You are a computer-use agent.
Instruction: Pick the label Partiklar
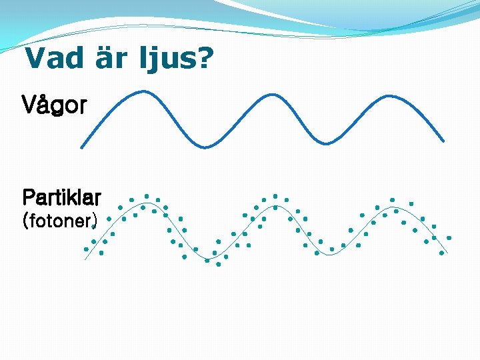[61, 197]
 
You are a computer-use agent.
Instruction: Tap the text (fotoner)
[59, 220]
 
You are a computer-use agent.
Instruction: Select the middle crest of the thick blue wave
[265, 91]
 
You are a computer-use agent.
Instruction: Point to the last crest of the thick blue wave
[385, 91]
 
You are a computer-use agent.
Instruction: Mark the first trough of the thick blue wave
[205, 147]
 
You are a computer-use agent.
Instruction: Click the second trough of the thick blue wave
[325, 143]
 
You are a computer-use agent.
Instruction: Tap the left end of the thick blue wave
[81, 147]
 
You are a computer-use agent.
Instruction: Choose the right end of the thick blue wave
[443, 141]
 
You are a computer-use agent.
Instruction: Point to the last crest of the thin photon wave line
[393, 207]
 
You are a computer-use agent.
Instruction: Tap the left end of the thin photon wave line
[85, 259]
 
